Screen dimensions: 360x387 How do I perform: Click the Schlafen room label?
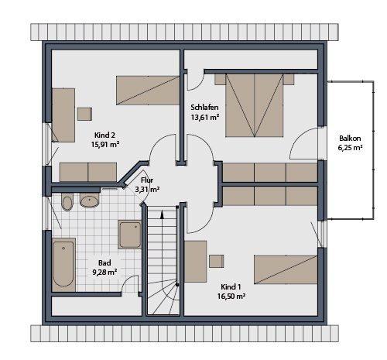pyautogui.click(x=204, y=106)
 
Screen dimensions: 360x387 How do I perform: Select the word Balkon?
pyautogui.click(x=350, y=139)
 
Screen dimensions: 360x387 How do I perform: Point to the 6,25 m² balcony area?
pyautogui.click(x=350, y=149)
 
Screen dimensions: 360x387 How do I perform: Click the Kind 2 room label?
pyautogui.click(x=104, y=134)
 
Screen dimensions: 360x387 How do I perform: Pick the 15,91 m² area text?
pyautogui.click(x=104, y=144)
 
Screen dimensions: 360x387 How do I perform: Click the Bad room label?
pyautogui.click(x=104, y=262)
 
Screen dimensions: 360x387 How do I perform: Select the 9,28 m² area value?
pyautogui.click(x=104, y=273)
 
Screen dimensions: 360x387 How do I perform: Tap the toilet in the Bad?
pyautogui.click(x=67, y=203)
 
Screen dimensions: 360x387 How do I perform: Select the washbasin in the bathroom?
pyautogui.click(x=90, y=202)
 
